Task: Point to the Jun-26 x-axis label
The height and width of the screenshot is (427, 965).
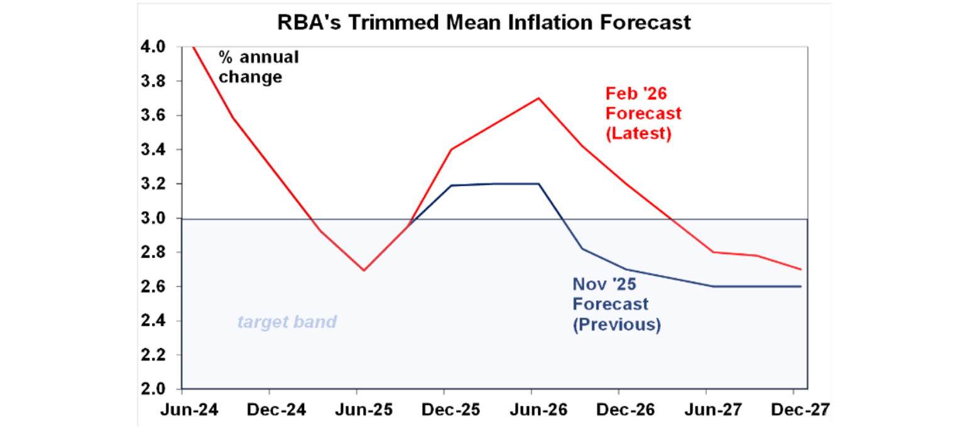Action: point(533,410)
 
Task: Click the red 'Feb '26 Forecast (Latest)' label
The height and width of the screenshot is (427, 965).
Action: point(643,114)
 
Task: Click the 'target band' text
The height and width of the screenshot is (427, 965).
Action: point(286,322)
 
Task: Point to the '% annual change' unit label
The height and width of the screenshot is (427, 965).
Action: point(258,67)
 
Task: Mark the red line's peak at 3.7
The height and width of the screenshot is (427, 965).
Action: point(538,98)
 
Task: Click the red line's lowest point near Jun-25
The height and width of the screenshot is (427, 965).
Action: point(364,270)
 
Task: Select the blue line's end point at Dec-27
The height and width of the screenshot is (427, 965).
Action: point(801,286)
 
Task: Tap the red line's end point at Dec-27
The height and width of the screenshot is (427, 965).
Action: point(801,269)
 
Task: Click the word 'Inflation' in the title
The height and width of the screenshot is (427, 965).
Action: point(520,23)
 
